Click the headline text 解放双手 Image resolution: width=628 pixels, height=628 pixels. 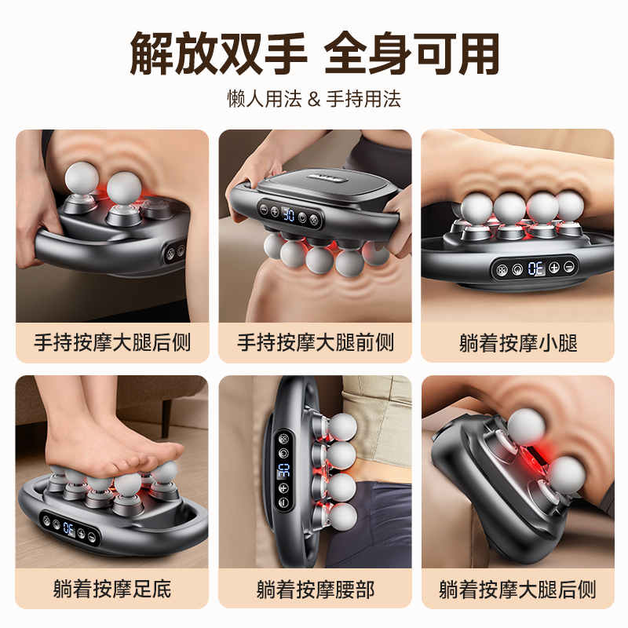[219, 54]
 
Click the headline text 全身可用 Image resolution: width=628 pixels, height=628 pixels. [411, 54]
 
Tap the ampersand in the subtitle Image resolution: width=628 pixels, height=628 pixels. [314, 99]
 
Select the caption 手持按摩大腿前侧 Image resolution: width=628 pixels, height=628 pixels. [316, 343]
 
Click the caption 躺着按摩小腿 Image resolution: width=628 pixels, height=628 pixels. [518, 343]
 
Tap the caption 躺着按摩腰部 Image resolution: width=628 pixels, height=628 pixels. [316, 590]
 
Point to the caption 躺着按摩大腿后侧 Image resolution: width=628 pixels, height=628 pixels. [518, 590]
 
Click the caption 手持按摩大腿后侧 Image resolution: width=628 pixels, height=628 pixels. [112, 343]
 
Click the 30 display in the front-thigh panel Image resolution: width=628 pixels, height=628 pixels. [289, 214]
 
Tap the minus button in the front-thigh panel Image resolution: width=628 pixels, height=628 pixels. [263, 209]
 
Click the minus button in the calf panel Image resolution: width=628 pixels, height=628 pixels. [570, 266]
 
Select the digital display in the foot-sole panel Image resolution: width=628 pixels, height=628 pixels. [69, 528]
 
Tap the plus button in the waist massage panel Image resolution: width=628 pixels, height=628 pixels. [283, 487]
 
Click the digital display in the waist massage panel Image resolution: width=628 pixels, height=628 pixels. [283, 469]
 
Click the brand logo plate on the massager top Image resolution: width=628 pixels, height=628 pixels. [327, 177]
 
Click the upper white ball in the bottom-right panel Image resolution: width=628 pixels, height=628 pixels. [526, 426]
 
